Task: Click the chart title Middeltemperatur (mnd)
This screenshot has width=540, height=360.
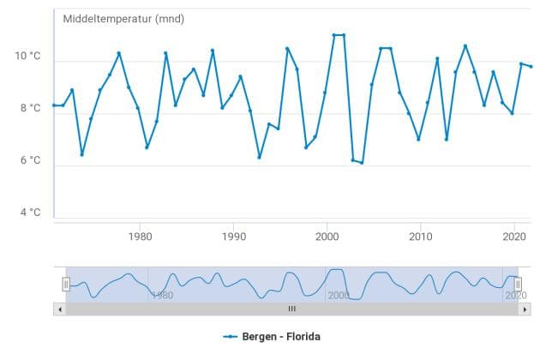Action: tap(123, 19)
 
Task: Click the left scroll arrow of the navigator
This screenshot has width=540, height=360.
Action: tap(59, 309)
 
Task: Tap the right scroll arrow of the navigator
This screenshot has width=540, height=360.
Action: tap(525, 309)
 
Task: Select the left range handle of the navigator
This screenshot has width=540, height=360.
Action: tap(66, 284)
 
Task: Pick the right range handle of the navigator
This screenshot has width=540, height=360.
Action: tap(518, 284)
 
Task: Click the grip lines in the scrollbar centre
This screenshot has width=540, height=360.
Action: tap(291, 309)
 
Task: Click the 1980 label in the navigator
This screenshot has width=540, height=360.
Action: tap(162, 295)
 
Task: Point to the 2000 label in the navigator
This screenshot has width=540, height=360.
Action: tap(339, 295)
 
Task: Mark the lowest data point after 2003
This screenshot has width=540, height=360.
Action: tap(363, 163)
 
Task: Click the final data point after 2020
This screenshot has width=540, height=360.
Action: tap(531, 67)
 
